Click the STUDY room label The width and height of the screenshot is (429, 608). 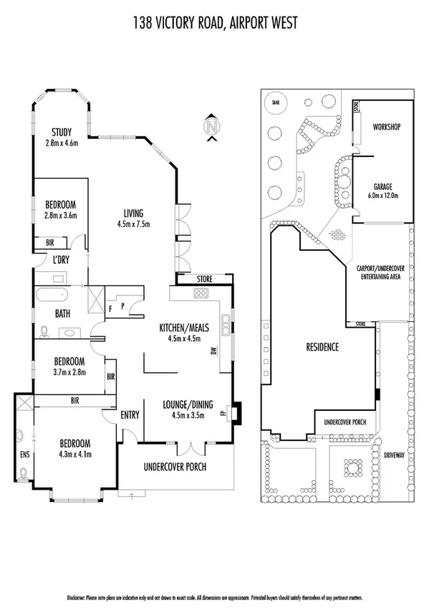[x=61, y=130]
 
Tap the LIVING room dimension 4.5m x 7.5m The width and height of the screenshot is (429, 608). [x=133, y=223]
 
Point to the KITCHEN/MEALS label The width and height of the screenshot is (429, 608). [x=184, y=328]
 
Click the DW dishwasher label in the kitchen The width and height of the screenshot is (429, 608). [x=213, y=351]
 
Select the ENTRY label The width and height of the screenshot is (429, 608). [x=130, y=414]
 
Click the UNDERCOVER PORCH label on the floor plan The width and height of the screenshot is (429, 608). [x=175, y=467]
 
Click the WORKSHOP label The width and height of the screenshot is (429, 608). [x=385, y=127]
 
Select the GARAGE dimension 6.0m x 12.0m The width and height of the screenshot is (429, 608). [x=385, y=194]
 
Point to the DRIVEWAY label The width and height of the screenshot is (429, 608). [x=394, y=454]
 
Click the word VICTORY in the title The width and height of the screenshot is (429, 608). [x=184, y=23]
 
